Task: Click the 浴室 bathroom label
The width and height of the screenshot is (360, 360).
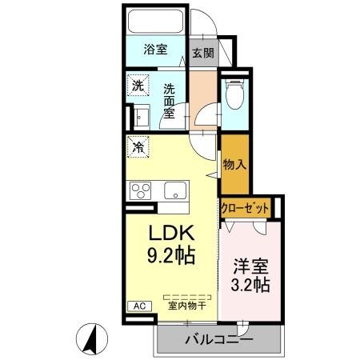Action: click(155, 50)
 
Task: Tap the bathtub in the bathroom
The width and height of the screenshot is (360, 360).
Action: click(155, 22)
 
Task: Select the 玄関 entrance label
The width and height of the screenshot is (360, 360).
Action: click(202, 54)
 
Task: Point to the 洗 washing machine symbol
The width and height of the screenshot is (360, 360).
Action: click(138, 86)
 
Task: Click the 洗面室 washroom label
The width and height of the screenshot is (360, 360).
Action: click(170, 102)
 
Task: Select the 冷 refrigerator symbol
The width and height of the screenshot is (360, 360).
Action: click(138, 147)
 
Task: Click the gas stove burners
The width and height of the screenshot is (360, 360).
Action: click(140, 190)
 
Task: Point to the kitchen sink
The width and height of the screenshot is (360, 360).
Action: click(174, 190)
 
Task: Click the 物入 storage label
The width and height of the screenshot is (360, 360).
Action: click(234, 165)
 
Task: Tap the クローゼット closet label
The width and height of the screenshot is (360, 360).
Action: click(245, 207)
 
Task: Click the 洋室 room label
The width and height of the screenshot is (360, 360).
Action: click(250, 265)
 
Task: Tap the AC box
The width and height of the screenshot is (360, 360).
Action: click(138, 306)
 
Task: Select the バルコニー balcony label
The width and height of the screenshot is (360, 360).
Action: click(218, 339)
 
